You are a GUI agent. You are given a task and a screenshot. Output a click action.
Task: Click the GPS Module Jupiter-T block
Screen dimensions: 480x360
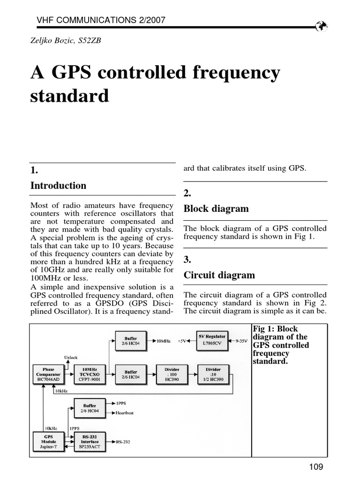tap(48, 441)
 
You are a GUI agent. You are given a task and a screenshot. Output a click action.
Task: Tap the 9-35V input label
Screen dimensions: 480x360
tap(240, 341)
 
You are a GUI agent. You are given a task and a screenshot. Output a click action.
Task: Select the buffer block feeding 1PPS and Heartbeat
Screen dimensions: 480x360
tap(90, 408)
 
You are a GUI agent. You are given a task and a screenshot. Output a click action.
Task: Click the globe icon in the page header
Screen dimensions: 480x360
tap(321, 26)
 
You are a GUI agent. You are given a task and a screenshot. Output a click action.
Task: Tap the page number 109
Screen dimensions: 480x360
tap(316, 466)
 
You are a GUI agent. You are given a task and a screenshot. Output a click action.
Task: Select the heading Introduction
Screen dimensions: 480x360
tap(58, 186)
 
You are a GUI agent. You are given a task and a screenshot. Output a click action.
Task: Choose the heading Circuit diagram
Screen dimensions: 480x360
tap(219, 275)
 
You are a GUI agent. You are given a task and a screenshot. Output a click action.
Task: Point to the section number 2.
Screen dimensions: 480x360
tap(187, 194)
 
